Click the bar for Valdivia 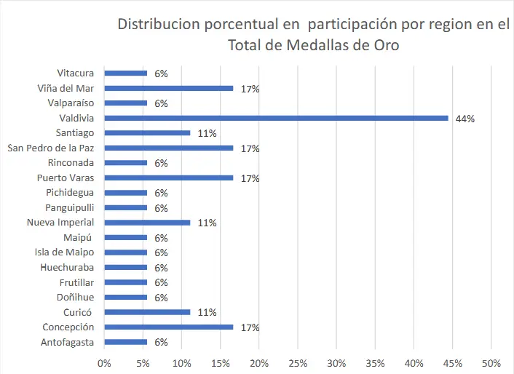pyautogui.click(x=277, y=118)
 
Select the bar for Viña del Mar pyautogui.click(x=169, y=88)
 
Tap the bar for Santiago pyautogui.click(x=148, y=133)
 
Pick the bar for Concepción pyautogui.click(x=169, y=327)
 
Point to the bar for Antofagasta pyautogui.click(x=126, y=342)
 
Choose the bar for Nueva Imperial pyautogui.click(x=148, y=223)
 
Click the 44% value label pyautogui.click(x=464, y=119)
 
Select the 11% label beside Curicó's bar pyautogui.click(x=207, y=312)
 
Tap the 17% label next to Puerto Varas pyautogui.click(x=250, y=178)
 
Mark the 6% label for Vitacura pyautogui.click(x=161, y=73)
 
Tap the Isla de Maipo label pyautogui.click(x=65, y=252)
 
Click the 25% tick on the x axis pyautogui.click(x=298, y=362)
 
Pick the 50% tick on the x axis pyautogui.click(x=491, y=362)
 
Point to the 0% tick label pyautogui.click(x=105, y=362)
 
